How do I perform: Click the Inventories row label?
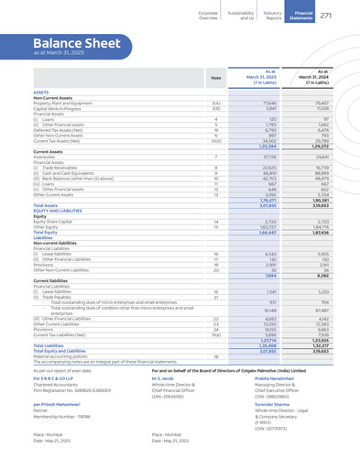pyautogui.click(x=47, y=157)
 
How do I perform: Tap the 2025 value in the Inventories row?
pyautogui.click(x=268, y=157)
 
